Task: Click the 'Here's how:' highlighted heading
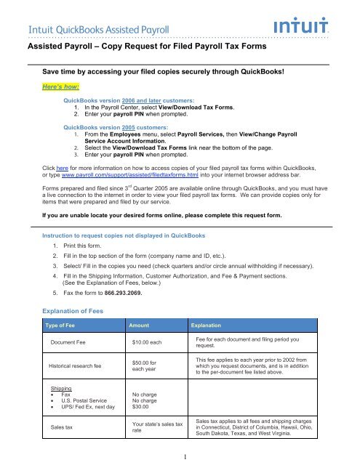pos(66,84)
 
